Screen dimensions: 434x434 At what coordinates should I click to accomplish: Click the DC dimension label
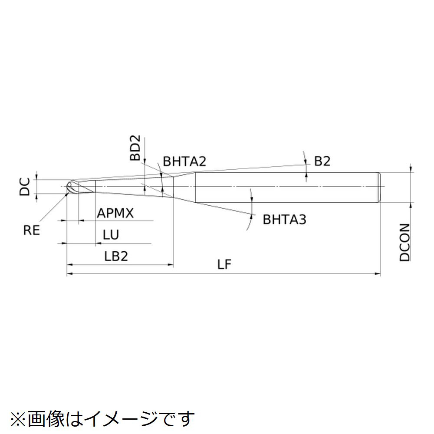[24, 187]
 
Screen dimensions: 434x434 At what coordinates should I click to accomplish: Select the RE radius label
[32, 230]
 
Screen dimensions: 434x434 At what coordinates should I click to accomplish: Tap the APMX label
[115, 213]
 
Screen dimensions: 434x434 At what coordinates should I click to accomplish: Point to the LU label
[111, 235]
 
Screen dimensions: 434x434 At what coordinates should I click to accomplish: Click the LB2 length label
[116, 256]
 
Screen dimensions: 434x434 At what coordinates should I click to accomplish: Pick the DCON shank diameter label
[404, 243]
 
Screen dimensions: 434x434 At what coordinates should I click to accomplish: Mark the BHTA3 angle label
[284, 220]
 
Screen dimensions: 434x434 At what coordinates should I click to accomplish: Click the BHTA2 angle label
[184, 162]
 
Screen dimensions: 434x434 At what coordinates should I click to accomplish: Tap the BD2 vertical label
[136, 148]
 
